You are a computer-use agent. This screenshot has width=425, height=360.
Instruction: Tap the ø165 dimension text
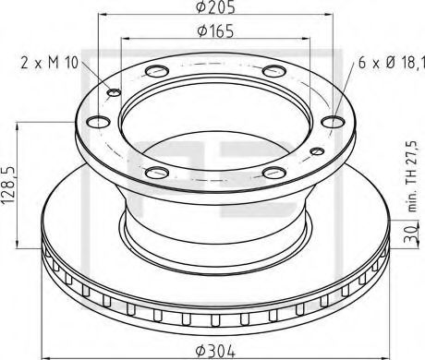click(x=214, y=32)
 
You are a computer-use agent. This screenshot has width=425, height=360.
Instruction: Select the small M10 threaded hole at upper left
click(x=115, y=91)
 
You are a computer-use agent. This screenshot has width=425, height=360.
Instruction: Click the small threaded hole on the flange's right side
click(x=317, y=152)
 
